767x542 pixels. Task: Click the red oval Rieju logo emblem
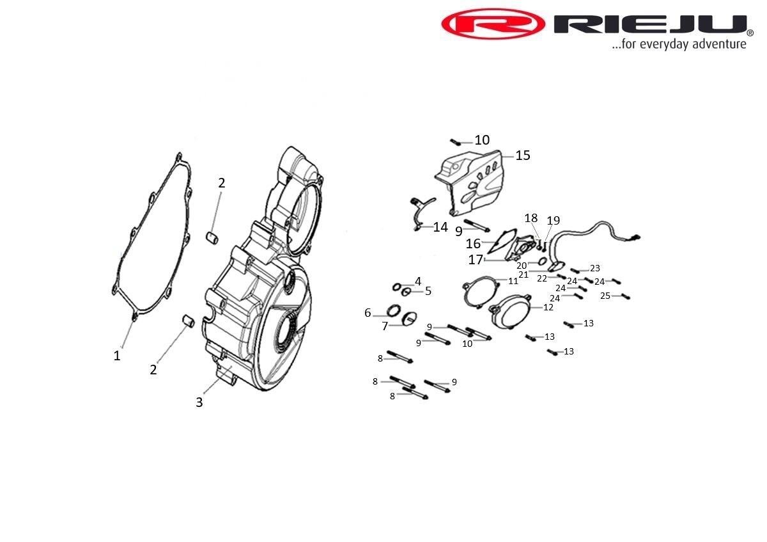click(493, 24)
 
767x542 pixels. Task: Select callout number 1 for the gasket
click(117, 356)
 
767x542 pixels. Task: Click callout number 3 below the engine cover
click(199, 402)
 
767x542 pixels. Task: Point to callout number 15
click(523, 155)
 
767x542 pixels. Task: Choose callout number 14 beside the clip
click(440, 227)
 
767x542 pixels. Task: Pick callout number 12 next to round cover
click(548, 307)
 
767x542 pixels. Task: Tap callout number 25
click(605, 296)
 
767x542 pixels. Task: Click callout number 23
click(595, 268)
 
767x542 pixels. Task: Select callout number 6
click(368, 313)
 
